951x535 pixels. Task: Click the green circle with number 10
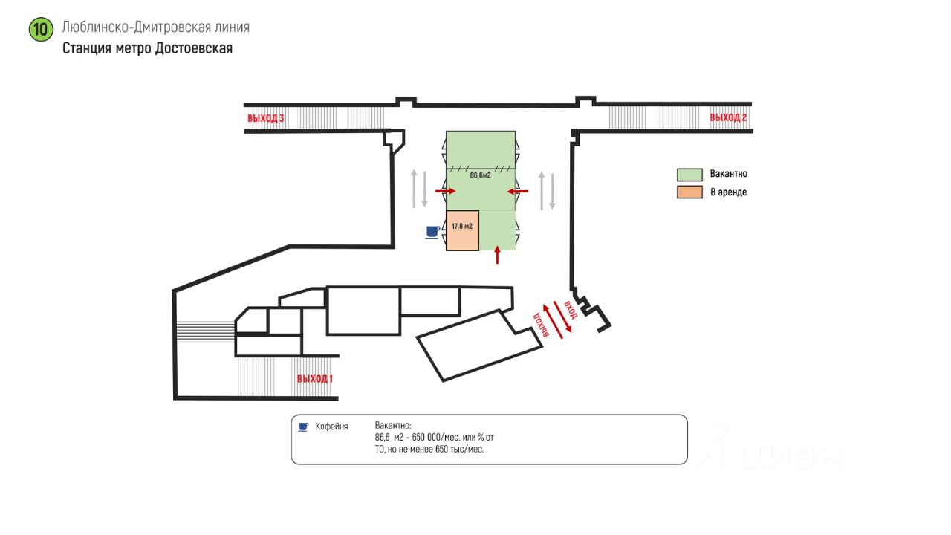coord(41,30)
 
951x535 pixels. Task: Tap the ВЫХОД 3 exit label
coord(266,118)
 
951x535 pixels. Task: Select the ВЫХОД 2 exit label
coord(728,117)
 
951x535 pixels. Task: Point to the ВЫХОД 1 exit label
coord(314,378)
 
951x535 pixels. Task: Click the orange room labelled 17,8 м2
coord(462,230)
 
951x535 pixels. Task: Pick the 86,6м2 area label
coord(480,175)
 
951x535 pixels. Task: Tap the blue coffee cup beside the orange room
coord(432,233)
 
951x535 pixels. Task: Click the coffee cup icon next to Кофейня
coord(303,427)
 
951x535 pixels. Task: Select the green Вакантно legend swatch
coord(689,175)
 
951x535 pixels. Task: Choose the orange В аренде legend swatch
coord(689,192)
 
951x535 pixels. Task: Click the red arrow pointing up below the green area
coord(497,255)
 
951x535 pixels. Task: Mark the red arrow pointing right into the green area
coord(445,191)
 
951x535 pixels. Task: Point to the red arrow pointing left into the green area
coord(518,191)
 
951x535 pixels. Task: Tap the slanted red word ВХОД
coord(571,310)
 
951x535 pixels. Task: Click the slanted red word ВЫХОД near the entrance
coord(541,325)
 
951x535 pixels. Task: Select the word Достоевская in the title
coord(194,48)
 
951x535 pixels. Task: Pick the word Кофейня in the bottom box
coord(331,427)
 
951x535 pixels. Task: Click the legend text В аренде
coord(729,192)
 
